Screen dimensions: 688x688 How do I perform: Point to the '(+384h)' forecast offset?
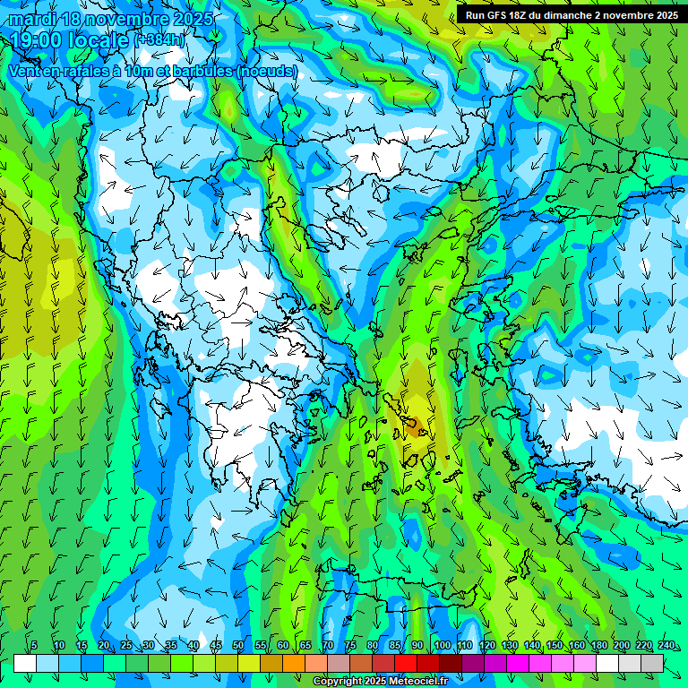161,40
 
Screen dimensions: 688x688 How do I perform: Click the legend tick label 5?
34,646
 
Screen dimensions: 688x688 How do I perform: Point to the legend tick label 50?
238,646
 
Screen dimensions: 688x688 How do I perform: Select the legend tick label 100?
442,646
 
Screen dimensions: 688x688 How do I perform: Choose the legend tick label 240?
666,646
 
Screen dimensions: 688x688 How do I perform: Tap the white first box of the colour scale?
25,663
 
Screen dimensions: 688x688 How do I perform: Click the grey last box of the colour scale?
652,663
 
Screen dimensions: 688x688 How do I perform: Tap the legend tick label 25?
126,646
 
